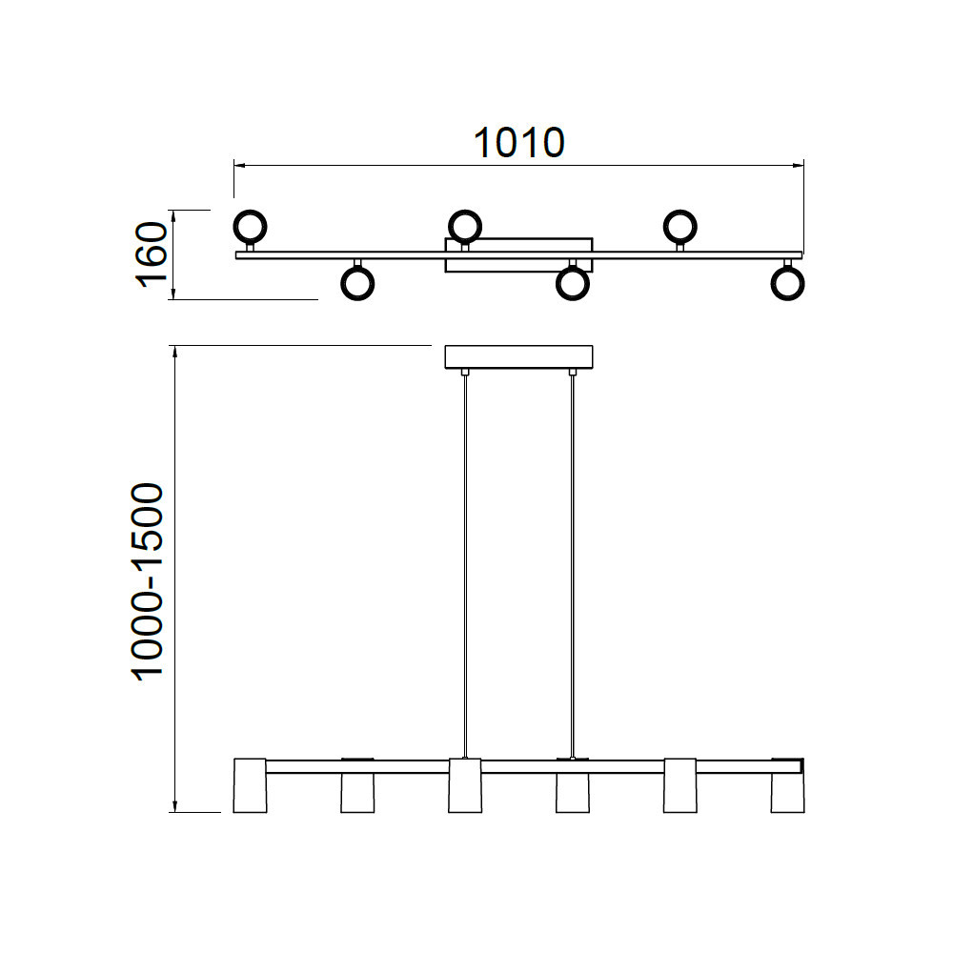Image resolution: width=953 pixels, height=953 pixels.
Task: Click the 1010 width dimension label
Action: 519,144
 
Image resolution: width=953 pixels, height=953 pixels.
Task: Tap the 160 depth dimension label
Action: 152,254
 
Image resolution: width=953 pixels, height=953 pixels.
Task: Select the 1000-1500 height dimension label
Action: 148,581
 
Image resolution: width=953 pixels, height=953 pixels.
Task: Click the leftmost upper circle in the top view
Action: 250,211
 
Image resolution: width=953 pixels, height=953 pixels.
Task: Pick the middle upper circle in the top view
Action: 465,211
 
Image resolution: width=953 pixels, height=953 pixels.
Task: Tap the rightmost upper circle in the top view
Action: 680,211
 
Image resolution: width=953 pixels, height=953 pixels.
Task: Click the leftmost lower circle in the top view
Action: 357,299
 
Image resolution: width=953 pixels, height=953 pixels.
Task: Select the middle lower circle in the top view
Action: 573,299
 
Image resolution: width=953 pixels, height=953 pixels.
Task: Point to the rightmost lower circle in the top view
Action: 788,299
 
